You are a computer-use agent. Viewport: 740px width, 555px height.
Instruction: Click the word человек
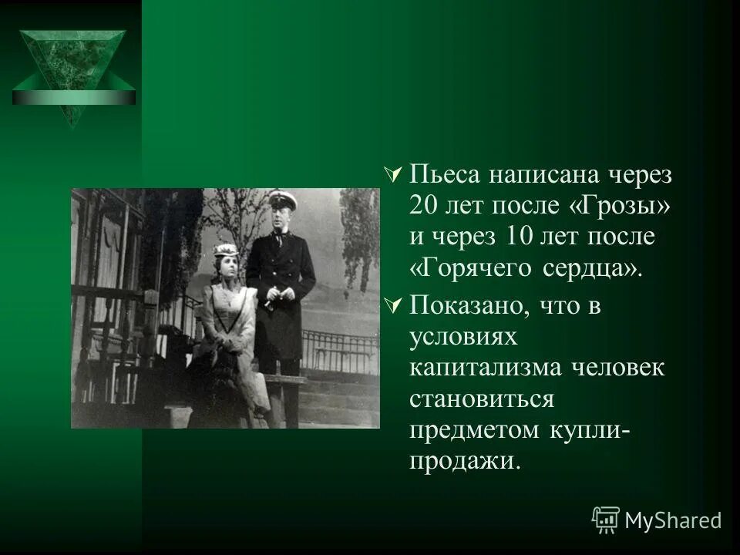point(620,367)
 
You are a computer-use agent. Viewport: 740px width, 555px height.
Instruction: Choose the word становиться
point(482,399)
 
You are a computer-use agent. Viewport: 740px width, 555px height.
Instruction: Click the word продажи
point(461,461)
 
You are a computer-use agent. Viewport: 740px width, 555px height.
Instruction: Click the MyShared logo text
point(673,520)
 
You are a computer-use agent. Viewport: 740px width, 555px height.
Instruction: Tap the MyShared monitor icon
point(606,520)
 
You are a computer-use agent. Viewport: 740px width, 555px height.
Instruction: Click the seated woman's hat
point(226,251)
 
